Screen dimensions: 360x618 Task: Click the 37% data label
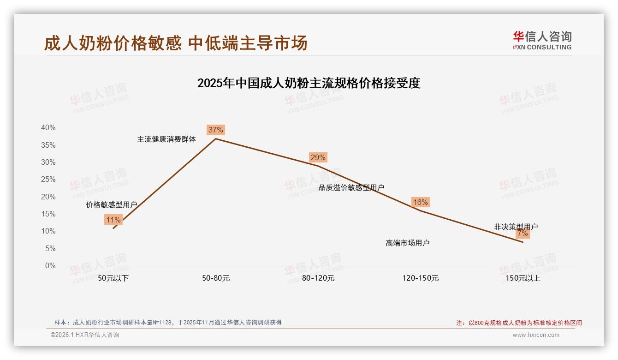(x=216, y=130)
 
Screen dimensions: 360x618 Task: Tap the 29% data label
(x=318, y=157)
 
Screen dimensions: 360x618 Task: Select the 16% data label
(x=420, y=202)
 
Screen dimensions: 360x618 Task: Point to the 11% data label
(x=113, y=220)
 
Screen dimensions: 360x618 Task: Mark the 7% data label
(x=523, y=233)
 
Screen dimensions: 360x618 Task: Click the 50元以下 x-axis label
(x=113, y=278)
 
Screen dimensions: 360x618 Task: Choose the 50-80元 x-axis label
(x=216, y=278)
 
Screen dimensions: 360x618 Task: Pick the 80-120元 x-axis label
(x=318, y=278)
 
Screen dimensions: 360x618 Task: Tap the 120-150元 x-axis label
(x=420, y=278)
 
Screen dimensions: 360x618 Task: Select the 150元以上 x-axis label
(x=523, y=278)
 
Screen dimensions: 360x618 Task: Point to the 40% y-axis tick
(x=48, y=127)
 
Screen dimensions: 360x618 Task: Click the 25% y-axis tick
(x=48, y=179)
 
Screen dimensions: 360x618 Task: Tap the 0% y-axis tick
(x=50, y=265)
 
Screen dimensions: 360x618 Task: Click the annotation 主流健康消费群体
(x=166, y=139)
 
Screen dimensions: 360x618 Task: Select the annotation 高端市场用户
(x=407, y=243)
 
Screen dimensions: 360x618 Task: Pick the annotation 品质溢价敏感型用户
(x=351, y=187)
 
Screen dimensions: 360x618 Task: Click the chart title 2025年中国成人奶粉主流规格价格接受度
(x=309, y=83)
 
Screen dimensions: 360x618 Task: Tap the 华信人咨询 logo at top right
(x=542, y=40)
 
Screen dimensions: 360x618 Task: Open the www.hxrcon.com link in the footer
(x=536, y=335)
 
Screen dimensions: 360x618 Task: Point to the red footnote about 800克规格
(x=519, y=323)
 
